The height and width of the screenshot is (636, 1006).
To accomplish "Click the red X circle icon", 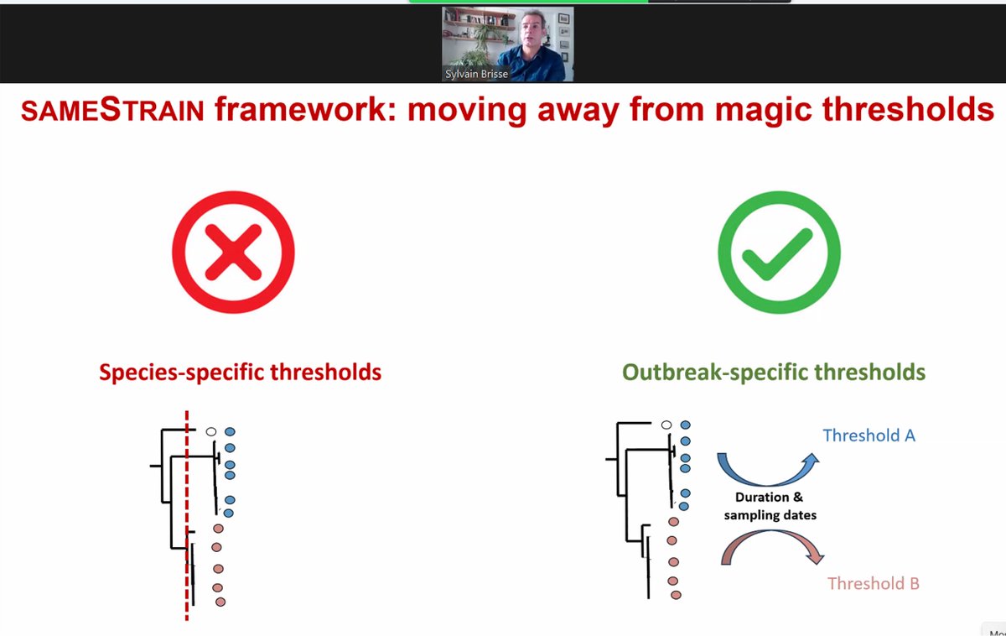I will [233, 253].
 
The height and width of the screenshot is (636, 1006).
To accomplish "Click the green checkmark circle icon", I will [779, 253].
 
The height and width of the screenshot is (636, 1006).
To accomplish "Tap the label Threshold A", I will [869, 435].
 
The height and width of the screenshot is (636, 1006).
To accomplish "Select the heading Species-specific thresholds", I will [240, 372].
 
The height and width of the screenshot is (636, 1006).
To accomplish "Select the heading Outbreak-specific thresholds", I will [773, 372].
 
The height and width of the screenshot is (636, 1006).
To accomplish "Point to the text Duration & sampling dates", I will [770, 506].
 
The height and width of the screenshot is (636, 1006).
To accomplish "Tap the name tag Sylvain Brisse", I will [476, 74].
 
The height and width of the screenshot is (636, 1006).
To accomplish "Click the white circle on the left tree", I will [211, 431].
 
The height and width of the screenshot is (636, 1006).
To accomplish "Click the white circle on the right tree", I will [666, 425].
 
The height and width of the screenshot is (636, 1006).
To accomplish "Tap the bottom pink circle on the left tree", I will [220, 602].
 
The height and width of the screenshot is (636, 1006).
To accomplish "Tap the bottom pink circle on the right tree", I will [676, 595].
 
